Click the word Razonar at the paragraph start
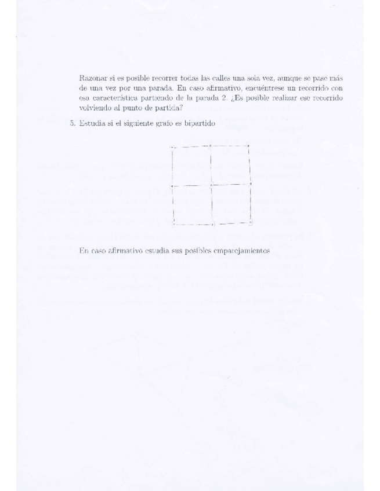pos(92,78)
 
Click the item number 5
pos(73,124)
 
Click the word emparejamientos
pos(242,251)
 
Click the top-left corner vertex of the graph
pos(172,147)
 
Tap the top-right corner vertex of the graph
pos(248,145)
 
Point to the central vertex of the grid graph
pos(211,185)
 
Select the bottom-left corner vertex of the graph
pos(174,223)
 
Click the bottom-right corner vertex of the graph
pos(251,222)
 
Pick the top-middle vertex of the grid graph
pos(210,146)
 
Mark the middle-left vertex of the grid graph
pos(172,186)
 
